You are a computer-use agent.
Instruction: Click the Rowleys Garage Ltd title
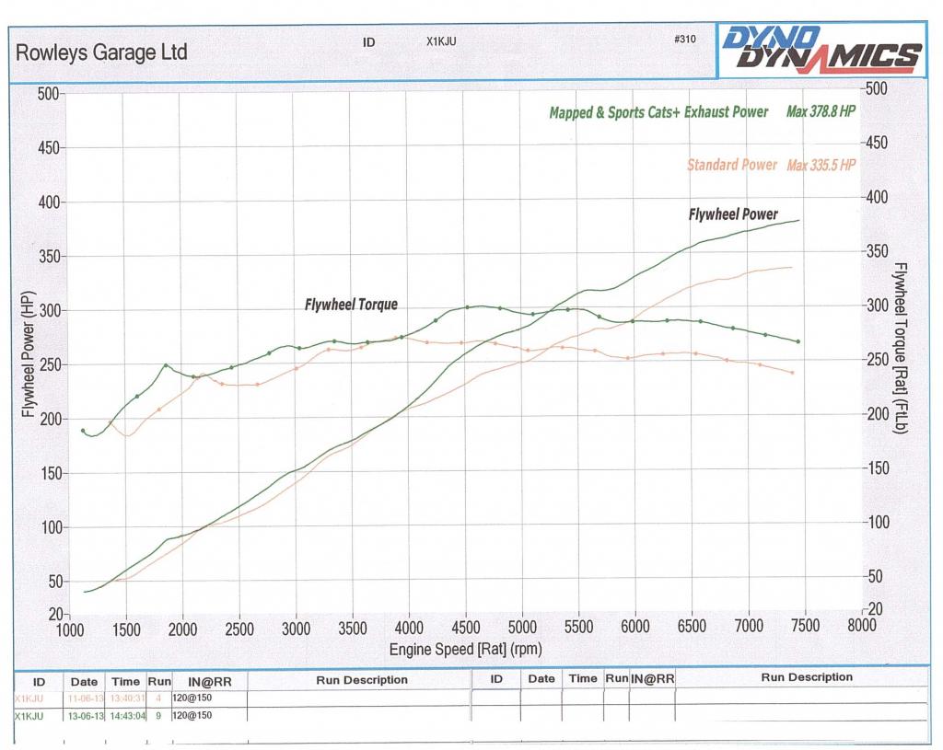pyautogui.click(x=101, y=52)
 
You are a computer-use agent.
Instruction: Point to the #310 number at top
pyautogui.click(x=684, y=40)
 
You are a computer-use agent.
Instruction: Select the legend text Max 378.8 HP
pyautogui.click(x=821, y=112)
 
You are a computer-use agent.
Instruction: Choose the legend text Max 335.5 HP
pyautogui.click(x=821, y=166)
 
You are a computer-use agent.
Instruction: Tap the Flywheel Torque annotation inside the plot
pyautogui.click(x=351, y=304)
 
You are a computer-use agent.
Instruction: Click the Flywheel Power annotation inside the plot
pyautogui.click(x=733, y=214)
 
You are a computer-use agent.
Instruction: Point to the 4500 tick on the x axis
pyautogui.click(x=465, y=628)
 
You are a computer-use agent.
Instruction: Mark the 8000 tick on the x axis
pyautogui.click(x=861, y=628)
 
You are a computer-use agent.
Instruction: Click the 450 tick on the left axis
pyautogui.click(x=46, y=148)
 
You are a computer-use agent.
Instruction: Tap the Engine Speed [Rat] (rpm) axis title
pyautogui.click(x=465, y=649)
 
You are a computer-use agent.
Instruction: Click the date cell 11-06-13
pyautogui.click(x=84, y=698)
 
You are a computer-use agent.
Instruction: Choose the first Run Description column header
pyautogui.click(x=361, y=679)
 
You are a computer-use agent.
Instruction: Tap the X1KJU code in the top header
pyautogui.click(x=442, y=41)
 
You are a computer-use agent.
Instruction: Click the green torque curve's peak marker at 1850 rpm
pyautogui.click(x=167, y=365)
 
